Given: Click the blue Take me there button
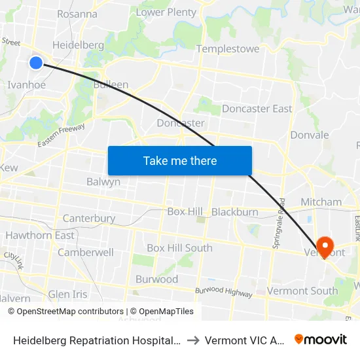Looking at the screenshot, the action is (180, 161).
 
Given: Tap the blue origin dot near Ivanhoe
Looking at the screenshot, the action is (36, 63).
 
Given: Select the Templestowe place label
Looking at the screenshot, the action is (228, 49).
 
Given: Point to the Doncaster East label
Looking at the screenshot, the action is (257, 109).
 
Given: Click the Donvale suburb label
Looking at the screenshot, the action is (310, 135).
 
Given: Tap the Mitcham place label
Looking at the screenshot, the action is (321, 202).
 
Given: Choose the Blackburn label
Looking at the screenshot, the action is (234, 212).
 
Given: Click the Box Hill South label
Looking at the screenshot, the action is (179, 248).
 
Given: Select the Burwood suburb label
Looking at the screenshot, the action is (156, 279).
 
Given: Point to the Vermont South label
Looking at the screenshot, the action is (302, 291).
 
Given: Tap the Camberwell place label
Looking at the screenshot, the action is (86, 253).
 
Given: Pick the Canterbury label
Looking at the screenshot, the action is (89, 219).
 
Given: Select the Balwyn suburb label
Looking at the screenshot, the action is (103, 182).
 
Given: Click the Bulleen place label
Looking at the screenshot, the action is (111, 85).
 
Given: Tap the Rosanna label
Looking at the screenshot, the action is (77, 14).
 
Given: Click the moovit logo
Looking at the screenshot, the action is (321, 340).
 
